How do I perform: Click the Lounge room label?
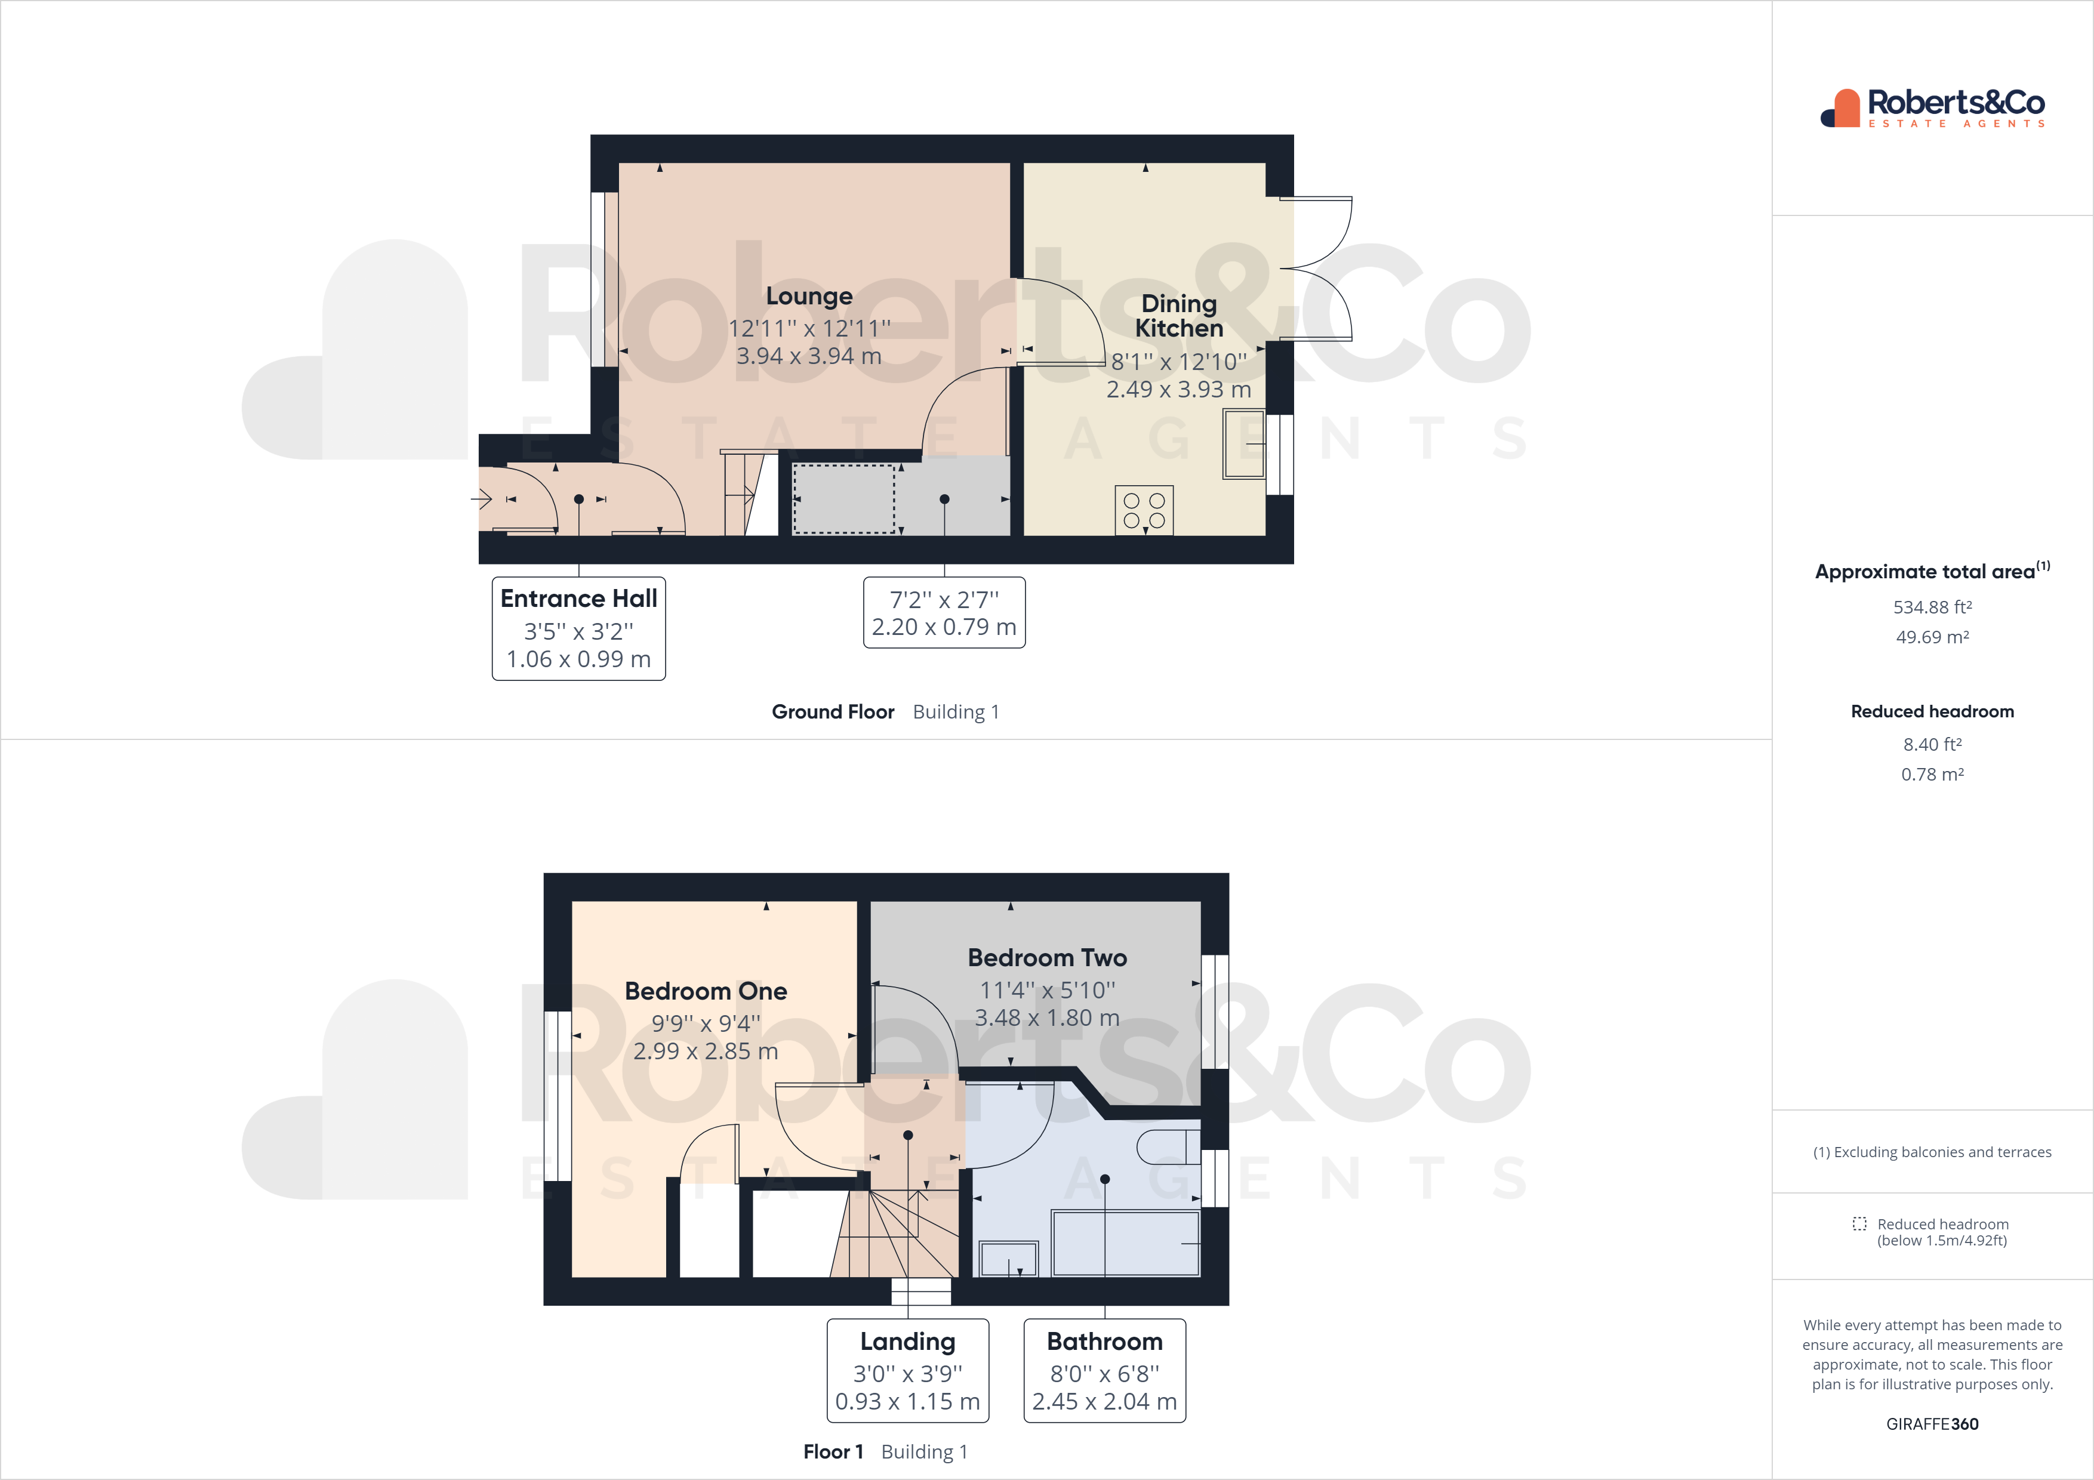pyautogui.click(x=809, y=297)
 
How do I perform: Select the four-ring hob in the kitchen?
pyautogui.click(x=1144, y=511)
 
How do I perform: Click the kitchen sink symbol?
pyautogui.click(x=1243, y=444)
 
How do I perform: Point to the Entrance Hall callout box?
pyautogui.click(x=578, y=628)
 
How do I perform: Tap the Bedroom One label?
pyautogui.click(x=705, y=991)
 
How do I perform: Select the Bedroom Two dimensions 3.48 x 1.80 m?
pyautogui.click(x=1047, y=1017)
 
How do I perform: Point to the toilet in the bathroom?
pyautogui.click(x=1168, y=1146)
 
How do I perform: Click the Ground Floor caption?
pyautogui.click(x=833, y=712)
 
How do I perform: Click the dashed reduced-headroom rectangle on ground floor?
pyautogui.click(x=843, y=499)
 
